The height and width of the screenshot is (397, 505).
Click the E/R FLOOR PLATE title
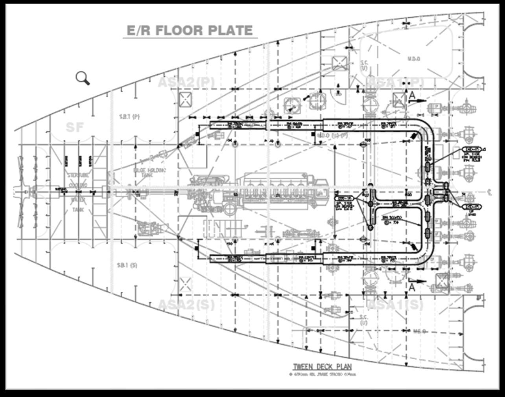click(x=189, y=31)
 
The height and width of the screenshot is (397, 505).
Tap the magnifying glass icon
click(x=83, y=78)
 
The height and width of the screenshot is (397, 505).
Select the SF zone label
click(x=75, y=127)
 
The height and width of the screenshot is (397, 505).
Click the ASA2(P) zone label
click(x=187, y=83)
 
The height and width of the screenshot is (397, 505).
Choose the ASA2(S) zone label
click(x=186, y=305)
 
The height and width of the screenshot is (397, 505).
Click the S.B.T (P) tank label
click(x=130, y=116)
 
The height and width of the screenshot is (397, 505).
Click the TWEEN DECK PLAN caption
click(x=322, y=367)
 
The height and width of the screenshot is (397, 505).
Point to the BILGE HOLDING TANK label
click(x=149, y=173)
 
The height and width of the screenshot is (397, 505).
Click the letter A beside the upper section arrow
click(x=412, y=95)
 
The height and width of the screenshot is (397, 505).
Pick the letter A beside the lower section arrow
click(x=412, y=287)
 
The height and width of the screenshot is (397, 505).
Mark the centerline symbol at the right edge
click(x=489, y=191)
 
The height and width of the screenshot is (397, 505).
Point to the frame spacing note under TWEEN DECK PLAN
click(x=322, y=375)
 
